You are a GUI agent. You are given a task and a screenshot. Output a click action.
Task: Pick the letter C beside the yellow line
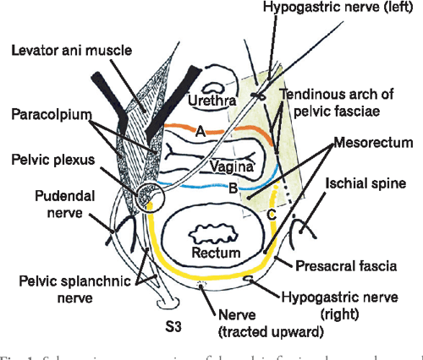[272, 215]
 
